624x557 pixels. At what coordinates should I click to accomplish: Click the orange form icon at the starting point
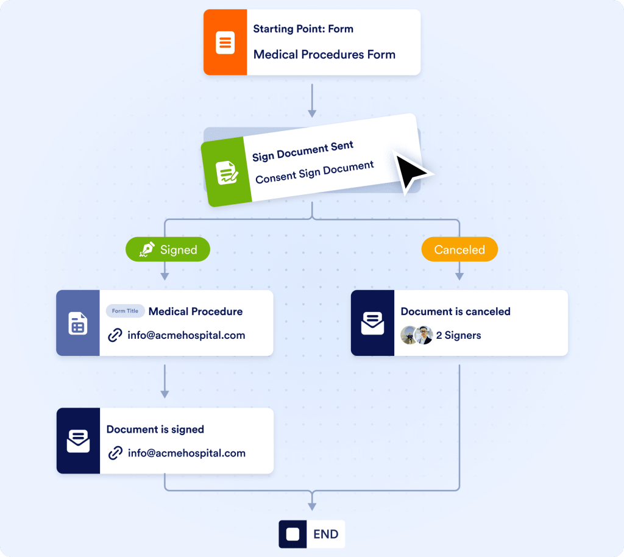tap(225, 43)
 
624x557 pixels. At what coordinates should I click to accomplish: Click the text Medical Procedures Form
tap(324, 55)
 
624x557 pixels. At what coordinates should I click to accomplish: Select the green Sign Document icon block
tap(226, 173)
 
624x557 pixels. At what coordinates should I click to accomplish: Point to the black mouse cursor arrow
tap(412, 171)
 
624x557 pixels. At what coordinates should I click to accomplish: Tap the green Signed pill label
tap(168, 249)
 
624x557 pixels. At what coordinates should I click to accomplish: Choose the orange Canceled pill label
tap(459, 250)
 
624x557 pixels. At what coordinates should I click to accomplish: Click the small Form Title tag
tap(125, 311)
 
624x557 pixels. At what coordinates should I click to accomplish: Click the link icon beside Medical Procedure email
tap(115, 335)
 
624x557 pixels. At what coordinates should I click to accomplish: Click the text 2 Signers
tap(458, 335)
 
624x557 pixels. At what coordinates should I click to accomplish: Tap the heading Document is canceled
tap(455, 311)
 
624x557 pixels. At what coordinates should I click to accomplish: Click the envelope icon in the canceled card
tap(372, 323)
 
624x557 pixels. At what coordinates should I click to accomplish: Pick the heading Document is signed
tap(155, 430)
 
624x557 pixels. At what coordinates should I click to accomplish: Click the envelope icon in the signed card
tap(78, 441)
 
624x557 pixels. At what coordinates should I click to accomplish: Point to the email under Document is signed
tap(186, 453)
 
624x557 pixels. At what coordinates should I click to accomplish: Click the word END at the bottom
tap(325, 534)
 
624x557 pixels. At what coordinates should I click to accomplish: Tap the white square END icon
tap(293, 534)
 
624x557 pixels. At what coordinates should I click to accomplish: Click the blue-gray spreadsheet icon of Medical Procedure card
tap(77, 323)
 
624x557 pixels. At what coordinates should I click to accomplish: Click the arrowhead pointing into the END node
tap(312, 506)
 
